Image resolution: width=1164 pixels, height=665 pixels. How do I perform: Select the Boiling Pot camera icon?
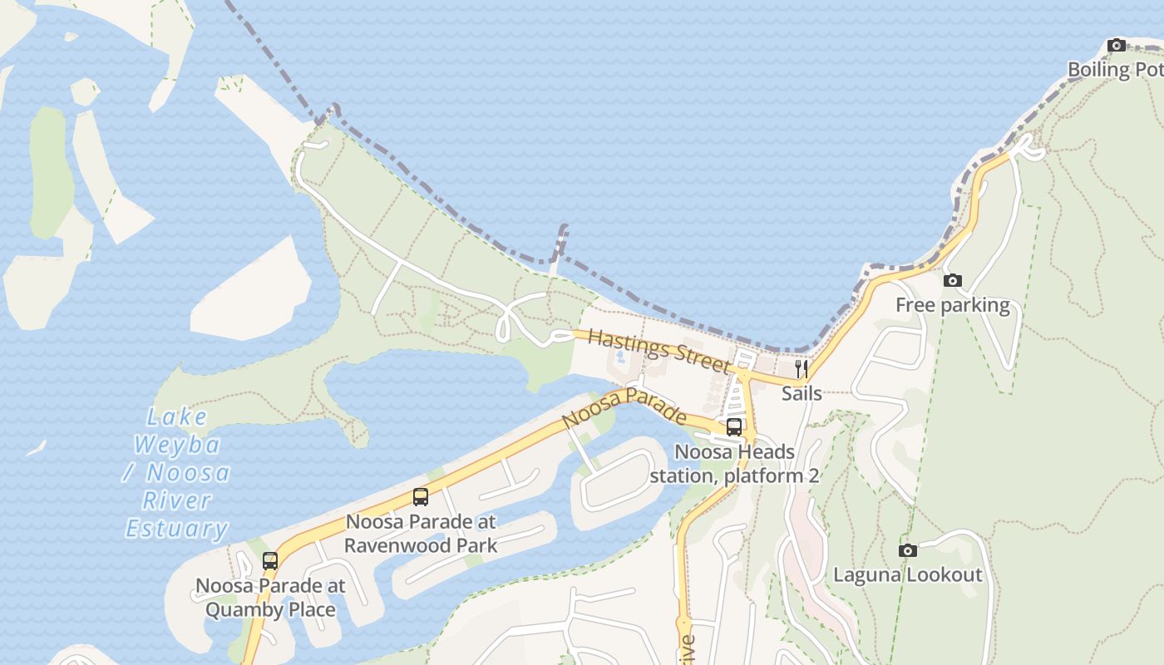tap(1117, 45)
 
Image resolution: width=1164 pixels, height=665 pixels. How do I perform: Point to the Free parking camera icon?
tap(953, 281)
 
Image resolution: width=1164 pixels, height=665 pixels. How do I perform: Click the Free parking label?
tap(953, 306)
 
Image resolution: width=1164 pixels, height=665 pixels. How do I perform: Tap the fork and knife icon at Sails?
tap(801, 368)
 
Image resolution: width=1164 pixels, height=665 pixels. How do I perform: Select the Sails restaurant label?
tap(801, 393)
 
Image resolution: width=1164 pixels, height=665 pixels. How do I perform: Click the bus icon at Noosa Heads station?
tap(734, 427)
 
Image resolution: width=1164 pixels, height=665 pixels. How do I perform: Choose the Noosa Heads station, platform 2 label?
tap(734, 464)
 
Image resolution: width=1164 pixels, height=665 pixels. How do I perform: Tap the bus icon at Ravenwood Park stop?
tap(421, 497)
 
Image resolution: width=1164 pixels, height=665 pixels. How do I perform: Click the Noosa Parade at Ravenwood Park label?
tap(421, 534)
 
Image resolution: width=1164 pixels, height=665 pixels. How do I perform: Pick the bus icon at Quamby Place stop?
tap(270, 561)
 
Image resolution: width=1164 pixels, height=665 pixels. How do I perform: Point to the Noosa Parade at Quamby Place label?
tap(270, 598)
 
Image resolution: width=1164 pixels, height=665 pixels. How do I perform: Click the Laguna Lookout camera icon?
tap(908, 550)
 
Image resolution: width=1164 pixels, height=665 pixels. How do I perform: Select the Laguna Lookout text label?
tap(908, 575)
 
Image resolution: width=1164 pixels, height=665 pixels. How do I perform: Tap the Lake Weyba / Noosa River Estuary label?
tap(177, 472)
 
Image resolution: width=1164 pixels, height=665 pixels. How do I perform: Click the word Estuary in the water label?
tap(177, 529)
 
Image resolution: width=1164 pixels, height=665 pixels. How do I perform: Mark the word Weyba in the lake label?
tap(177, 445)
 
